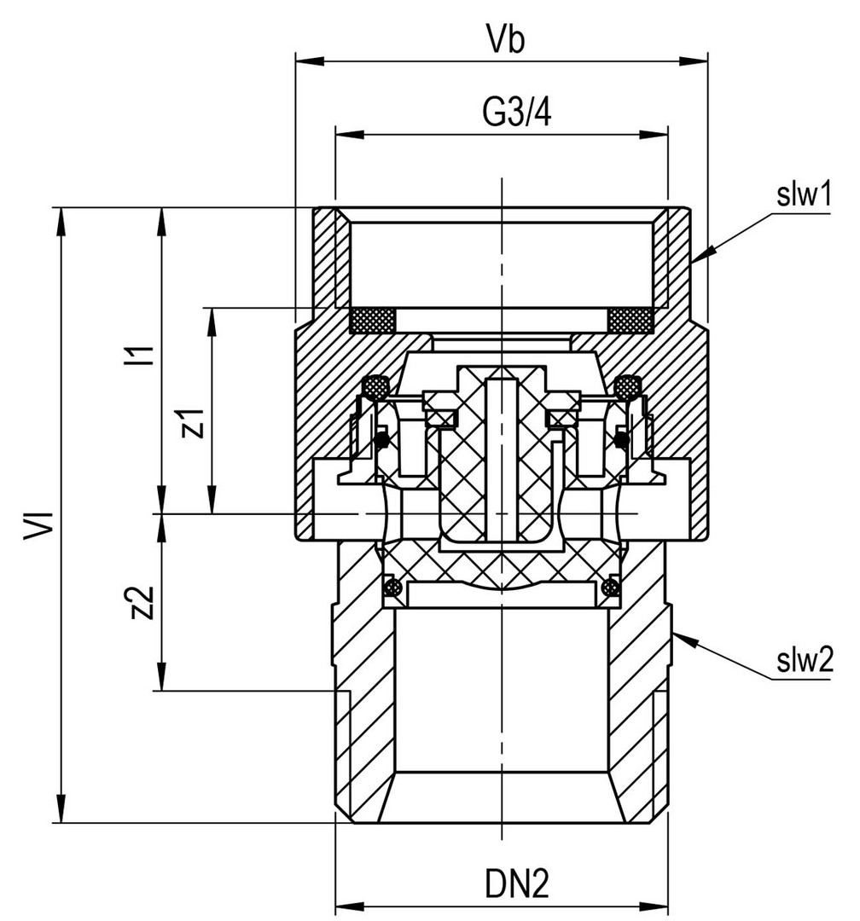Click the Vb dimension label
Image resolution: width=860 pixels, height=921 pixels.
[502, 41]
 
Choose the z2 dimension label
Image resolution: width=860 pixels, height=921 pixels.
[144, 603]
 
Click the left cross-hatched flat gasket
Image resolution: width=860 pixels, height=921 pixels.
[374, 321]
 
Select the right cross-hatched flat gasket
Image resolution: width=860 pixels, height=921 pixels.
[631, 321]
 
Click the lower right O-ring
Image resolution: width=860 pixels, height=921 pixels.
[609, 587]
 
